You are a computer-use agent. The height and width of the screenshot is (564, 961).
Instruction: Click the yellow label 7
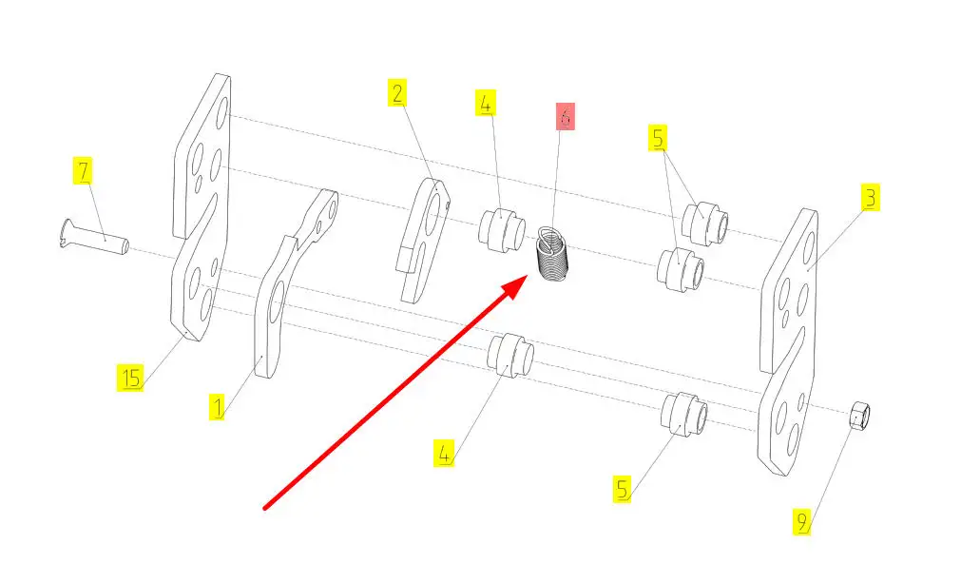pos(83,170)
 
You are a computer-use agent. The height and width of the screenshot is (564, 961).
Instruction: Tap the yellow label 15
pos(130,377)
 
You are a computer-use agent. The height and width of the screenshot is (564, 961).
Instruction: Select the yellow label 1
pos(217,406)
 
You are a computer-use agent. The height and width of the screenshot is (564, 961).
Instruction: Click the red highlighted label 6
pos(565,116)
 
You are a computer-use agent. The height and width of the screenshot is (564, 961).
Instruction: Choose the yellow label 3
pos(870,197)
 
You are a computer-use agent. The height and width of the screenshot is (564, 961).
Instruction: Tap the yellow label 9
pos(801,521)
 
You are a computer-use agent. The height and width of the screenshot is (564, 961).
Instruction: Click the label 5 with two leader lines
pos(658,138)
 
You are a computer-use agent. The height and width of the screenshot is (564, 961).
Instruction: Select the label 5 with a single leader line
pos(623,489)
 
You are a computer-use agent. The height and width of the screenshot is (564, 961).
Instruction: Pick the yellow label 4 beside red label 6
pos(485,103)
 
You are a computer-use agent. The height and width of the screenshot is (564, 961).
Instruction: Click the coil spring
pos(553,255)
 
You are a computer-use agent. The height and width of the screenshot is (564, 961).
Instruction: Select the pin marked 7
pos(96,237)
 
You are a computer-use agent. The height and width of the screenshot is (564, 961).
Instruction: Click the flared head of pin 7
pos(68,233)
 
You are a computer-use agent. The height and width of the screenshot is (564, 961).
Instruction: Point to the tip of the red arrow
pos(528,277)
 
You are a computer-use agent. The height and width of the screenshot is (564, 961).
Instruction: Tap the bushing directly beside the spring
pos(501,230)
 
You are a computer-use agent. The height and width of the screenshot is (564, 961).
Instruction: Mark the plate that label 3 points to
pos(788,341)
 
